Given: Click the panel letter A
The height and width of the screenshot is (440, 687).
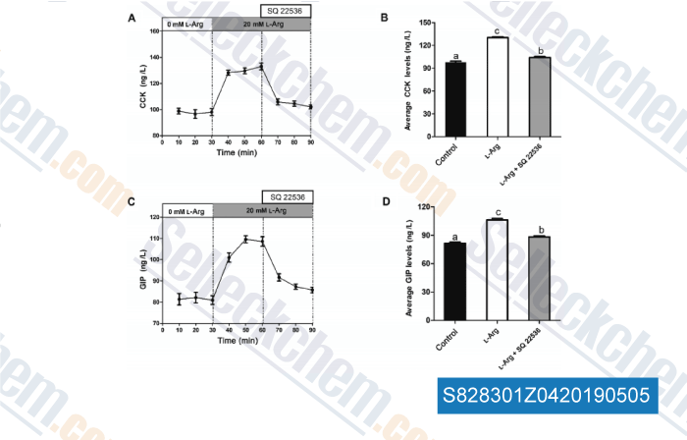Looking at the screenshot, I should (x=132, y=19).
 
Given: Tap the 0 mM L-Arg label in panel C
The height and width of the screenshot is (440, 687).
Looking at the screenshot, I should (x=185, y=210).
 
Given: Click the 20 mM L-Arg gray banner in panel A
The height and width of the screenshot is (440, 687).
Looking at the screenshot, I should (x=261, y=23).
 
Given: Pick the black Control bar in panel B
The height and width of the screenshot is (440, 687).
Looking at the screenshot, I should (x=455, y=88).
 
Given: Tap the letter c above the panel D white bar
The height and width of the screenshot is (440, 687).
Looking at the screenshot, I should (x=497, y=212).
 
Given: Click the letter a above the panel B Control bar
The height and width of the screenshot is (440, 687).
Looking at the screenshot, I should (x=455, y=57).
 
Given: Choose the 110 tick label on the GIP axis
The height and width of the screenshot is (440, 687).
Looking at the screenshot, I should (x=153, y=239).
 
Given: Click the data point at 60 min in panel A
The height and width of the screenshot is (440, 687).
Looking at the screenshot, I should (x=261, y=67).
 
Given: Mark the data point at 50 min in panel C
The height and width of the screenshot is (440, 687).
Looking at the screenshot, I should (x=245, y=238).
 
